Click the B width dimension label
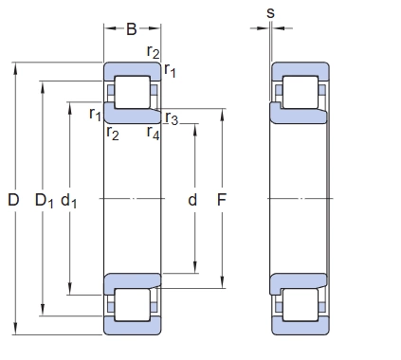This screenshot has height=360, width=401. point(132,28)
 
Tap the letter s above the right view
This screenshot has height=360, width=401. point(270,13)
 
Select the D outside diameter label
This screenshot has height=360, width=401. point(13,200)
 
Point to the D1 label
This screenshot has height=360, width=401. point(44,201)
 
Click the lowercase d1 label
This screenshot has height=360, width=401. point(68,201)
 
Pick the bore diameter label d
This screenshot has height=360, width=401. point(192,200)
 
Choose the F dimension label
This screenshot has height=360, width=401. point(222,200)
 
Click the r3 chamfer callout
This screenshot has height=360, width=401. point(172,118)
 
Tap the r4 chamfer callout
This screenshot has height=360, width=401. point(153,133)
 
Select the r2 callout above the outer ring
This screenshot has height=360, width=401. point(154,51)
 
